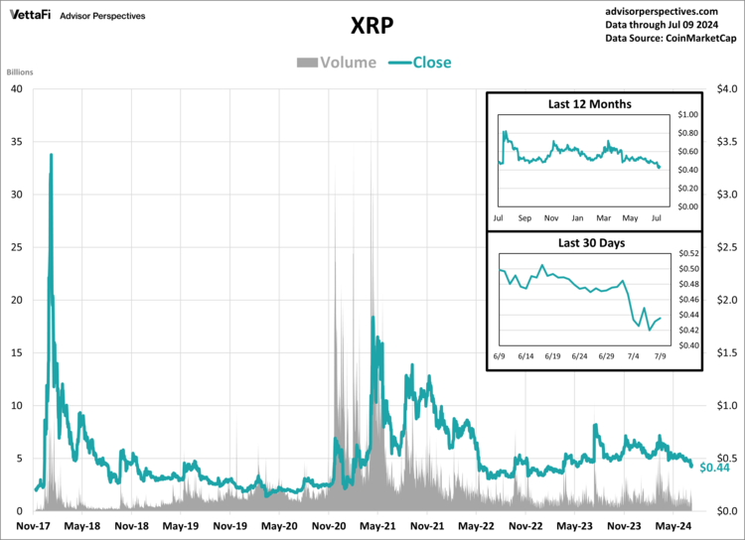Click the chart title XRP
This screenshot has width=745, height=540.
pos(372,23)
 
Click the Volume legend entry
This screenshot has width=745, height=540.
pos(336,63)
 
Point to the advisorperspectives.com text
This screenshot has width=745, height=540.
pos(670,9)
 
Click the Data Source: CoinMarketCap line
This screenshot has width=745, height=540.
pos(670,38)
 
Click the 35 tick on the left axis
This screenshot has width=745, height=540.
pos(16,141)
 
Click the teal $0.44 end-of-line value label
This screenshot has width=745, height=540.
pos(715,468)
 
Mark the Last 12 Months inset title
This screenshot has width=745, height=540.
pos(589,104)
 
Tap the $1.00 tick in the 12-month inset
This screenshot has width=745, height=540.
pos(687,115)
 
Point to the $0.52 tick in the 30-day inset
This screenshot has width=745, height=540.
pos(687,254)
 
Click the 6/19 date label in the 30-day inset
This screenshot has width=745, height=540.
pos(552,354)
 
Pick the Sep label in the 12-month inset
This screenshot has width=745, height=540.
pos(524,216)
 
